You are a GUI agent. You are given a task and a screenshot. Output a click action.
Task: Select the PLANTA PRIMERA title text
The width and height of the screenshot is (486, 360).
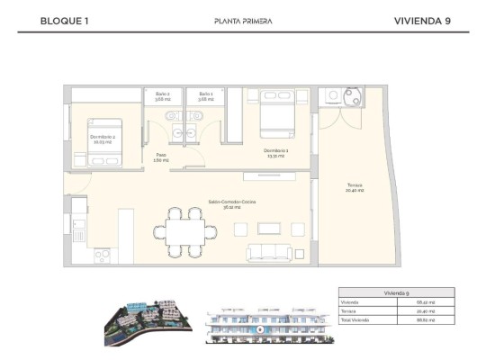(x=243, y=21)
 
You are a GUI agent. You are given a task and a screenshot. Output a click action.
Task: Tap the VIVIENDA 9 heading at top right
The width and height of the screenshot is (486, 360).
(x=422, y=20)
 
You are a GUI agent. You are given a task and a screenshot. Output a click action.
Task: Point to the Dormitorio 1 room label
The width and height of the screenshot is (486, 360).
(x=274, y=152)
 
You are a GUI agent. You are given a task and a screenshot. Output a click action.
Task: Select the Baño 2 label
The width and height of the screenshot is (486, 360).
(x=163, y=96)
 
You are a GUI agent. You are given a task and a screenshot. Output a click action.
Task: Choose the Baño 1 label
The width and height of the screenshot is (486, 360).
(x=206, y=96)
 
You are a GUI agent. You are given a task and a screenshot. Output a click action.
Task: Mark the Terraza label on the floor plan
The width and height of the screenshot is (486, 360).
(x=355, y=189)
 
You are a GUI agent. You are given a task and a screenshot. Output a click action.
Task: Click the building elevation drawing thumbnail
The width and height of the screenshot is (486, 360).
(x=258, y=323)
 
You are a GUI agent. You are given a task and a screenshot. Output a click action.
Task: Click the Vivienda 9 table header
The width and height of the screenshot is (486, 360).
(x=395, y=292)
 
